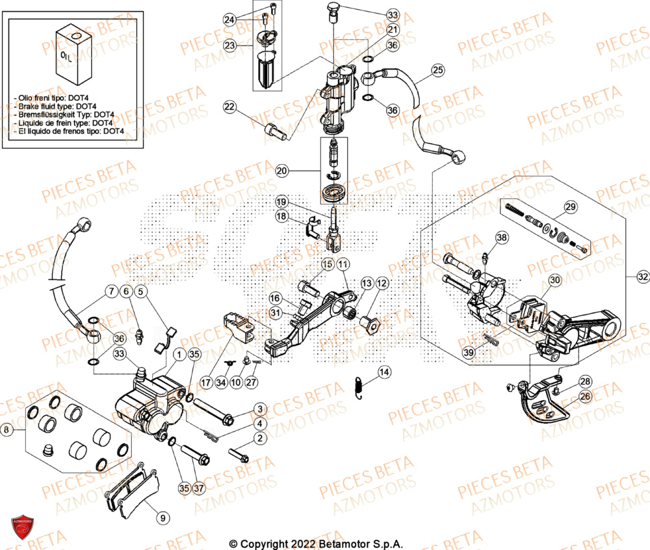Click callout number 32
tap(642, 277)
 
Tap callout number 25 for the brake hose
tap(437, 70)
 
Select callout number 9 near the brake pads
tap(162, 518)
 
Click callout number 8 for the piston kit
tap(7, 430)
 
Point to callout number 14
tap(385, 372)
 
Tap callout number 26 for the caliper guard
tap(585, 396)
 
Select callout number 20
tap(281, 171)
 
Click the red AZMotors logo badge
tap(22, 527)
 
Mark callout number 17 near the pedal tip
tap(207, 382)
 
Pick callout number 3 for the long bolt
tap(259, 409)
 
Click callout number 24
tap(229, 20)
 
